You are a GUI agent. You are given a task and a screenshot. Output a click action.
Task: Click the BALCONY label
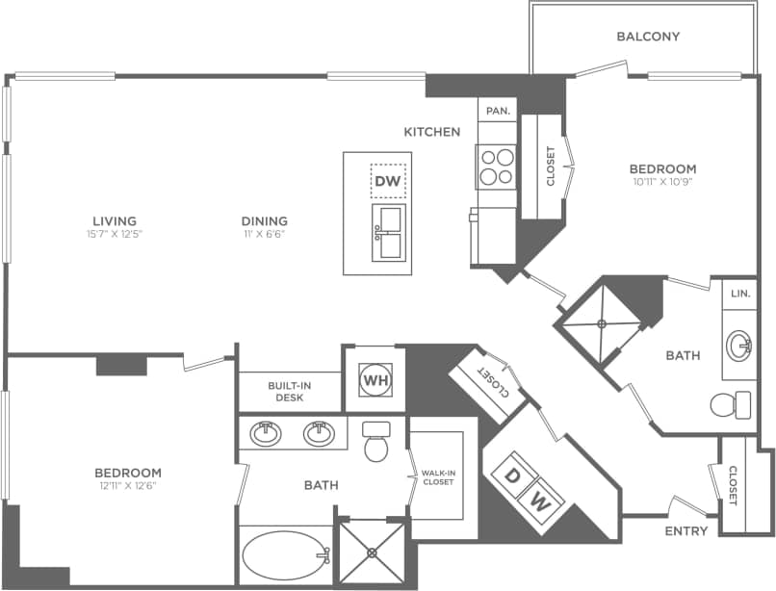point(648,37)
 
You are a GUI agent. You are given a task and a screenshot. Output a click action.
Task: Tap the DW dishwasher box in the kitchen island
point(388,181)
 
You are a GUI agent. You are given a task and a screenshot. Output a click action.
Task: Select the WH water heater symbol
point(375,379)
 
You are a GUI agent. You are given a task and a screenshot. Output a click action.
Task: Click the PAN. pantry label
point(498,111)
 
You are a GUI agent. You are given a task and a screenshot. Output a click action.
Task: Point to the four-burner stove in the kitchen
point(497,167)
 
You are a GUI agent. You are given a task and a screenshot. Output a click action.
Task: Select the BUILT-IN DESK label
point(289,391)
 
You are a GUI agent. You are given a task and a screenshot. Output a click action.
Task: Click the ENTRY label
point(686,530)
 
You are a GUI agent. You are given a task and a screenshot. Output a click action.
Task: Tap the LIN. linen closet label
point(739,293)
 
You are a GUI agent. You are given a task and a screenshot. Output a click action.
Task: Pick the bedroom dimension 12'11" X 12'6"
point(127,486)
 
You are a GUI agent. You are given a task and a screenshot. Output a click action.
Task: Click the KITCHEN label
point(431,132)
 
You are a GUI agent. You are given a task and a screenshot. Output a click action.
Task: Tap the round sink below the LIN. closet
point(740,344)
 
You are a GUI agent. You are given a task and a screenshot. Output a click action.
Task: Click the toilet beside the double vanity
point(375,444)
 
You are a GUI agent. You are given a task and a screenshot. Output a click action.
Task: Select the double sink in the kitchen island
point(389,232)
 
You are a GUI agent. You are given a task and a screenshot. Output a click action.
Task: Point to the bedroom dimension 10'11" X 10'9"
point(664,181)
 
